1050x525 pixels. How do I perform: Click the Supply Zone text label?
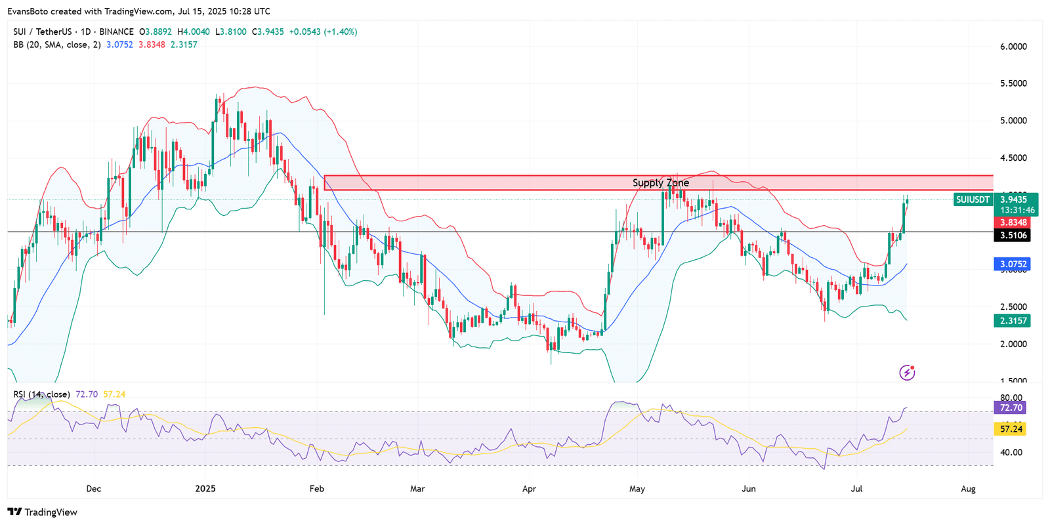[x=660, y=183]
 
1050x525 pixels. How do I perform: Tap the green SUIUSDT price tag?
[x=973, y=199]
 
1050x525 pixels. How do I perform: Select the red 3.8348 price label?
[x=1013, y=223]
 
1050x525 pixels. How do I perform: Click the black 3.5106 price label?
[x=1013, y=236]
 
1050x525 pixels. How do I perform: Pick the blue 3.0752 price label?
[x=1013, y=264]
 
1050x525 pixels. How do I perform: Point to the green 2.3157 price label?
[x=1013, y=321]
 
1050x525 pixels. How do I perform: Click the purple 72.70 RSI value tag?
[x=1011, y=408]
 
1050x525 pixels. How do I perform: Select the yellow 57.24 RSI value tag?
[x=1011, y=429]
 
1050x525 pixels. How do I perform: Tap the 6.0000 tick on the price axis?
[x=1013, y=47]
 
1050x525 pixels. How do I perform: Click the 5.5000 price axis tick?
[x=1013, y=83]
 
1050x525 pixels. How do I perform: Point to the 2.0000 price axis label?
[x=1013, y=344]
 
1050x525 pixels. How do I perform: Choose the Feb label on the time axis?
[x=317, y=489]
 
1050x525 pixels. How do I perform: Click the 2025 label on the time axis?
[x=205, y=489]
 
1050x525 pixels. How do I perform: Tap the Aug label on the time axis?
[x=968, y=489]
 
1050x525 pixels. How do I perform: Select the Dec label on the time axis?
[x=94, y=489]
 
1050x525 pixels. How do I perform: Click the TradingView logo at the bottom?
[x=43, y=513]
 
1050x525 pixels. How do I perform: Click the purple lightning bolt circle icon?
[x=907, y=373]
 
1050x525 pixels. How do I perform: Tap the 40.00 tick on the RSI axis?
[x=1011, y=452]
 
